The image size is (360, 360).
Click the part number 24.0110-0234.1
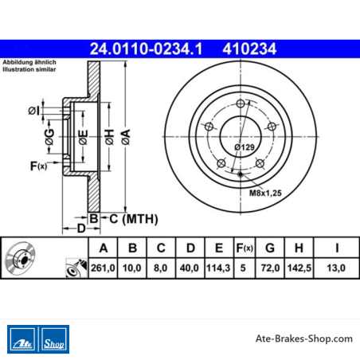pyautogui.click(x=146, y=49)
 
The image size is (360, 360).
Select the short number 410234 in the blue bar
pyautogui.click(x=249, y=49)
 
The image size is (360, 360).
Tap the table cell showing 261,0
pyautogui.click(x=103, y=268)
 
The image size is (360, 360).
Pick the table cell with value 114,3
pyautogui.click(x=218, y=268)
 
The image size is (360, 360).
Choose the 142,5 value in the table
pyautogui.click(x=299, y=268)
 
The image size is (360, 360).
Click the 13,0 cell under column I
pyautogui.click(x=336, y=268)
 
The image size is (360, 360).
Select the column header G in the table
pyautogui.click(x=270, y=248)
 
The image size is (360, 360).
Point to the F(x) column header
pyautogui.click(x=245, y=248)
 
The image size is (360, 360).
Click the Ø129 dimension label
pyautogui.click(x=245, y=147)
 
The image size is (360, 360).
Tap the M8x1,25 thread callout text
pyautogui.click(x=265, y=193)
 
